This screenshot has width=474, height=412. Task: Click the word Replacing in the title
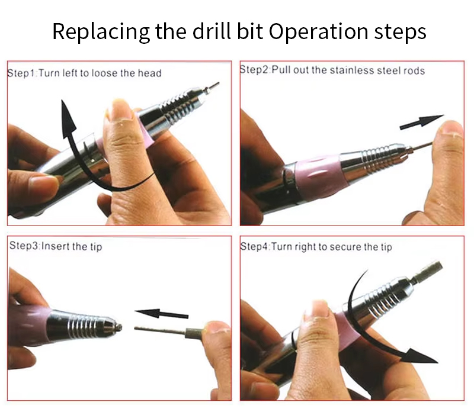click(101, 32)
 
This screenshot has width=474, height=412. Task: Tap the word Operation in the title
click(319, 32)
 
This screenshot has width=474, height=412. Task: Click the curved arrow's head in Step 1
click(68, 118)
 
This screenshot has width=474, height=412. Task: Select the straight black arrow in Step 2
click(422, 122)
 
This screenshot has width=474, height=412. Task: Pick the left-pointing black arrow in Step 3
click(161, 314)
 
